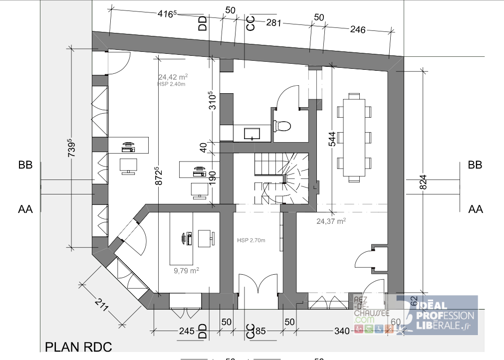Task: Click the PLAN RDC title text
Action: coord(78,347)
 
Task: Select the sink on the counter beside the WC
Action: coord(251,133)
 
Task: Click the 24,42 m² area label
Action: coord(173,77)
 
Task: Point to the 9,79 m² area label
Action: coord(186,270)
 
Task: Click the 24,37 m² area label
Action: coord(331,220)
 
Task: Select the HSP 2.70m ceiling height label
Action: coord(251,240)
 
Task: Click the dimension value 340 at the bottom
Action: coord(342,331)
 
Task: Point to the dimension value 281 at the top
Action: coord(274,22)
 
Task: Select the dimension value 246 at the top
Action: coord(358,30)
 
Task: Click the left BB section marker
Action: coord(25,165)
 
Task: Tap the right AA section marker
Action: coord(475,209)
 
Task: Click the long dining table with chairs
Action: coord(354,136)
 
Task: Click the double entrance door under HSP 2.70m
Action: coord(257,292)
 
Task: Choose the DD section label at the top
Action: coord(203,23)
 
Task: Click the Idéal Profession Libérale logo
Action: coord(437,315)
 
